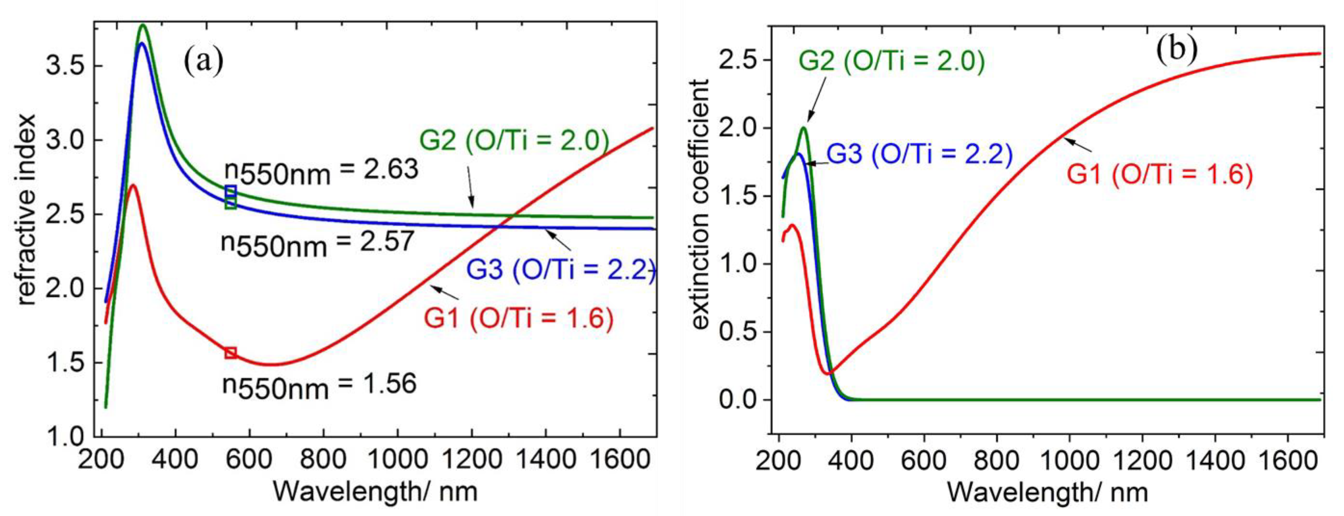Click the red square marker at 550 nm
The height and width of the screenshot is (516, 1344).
point(231,353)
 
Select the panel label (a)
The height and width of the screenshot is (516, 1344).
point(204,62)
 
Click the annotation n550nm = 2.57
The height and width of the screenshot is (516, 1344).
point(317,243)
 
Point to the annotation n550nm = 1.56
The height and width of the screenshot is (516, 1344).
point(319,386)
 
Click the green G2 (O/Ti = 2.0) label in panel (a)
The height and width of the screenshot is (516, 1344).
point(514,141)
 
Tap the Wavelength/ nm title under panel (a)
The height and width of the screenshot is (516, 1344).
point(374,492)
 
